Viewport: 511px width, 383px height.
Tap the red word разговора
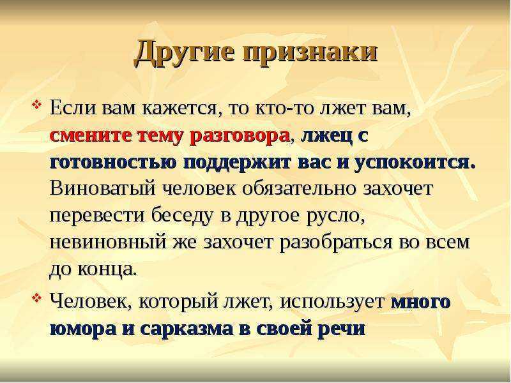pyautogui.click(x=239, y=137)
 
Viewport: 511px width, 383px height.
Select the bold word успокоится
pyautogui.click(x=415, y=162)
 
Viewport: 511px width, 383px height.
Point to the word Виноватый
pyautogui.click(x=102, y=188)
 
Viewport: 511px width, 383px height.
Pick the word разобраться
pyautogui.click(x=336, y=243)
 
